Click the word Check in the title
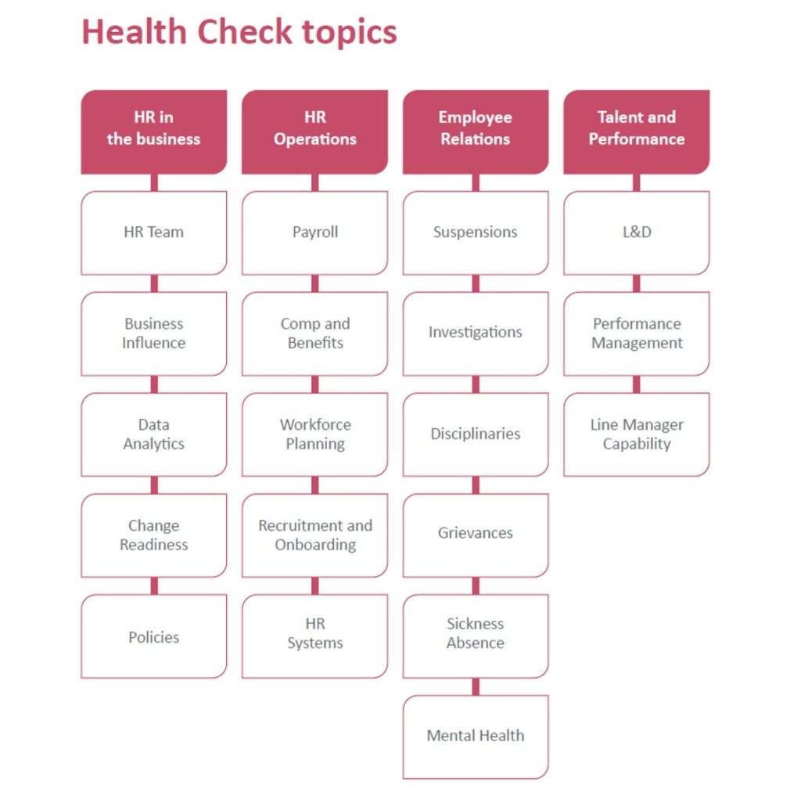244,31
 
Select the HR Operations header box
314,132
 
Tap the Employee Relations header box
476,132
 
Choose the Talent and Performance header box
637,132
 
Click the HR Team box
154,232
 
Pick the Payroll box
314,232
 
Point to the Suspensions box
476,232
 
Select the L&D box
637,232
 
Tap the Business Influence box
154,333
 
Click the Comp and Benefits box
314,333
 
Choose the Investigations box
476,333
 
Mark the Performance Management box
637,333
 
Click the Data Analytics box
154,434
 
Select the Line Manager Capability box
637,434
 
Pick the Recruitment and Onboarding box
314,535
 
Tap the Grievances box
476,535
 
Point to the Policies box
154,636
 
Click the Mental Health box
476,737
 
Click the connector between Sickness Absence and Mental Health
476,686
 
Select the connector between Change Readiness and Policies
154,586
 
